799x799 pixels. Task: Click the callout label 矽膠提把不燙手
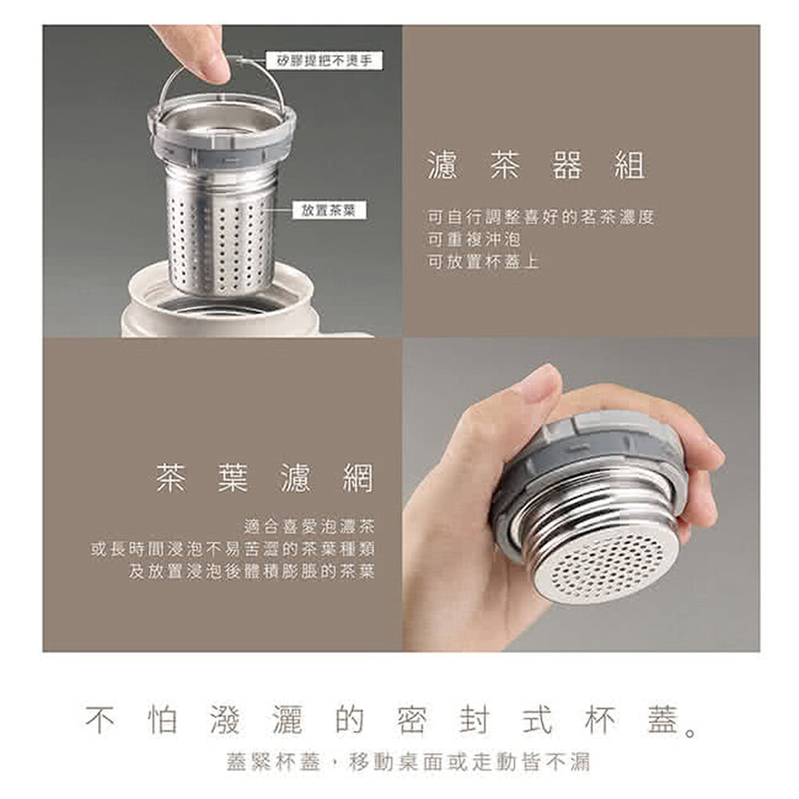(324, 62)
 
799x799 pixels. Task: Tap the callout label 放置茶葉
(328, 209)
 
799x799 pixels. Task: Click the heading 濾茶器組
(537, 165)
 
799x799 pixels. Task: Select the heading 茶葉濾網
(265, 478)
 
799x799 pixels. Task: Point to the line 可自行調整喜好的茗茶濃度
(541, 217)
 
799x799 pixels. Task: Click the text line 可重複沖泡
(473, 240)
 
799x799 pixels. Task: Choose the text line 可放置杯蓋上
(483, 262)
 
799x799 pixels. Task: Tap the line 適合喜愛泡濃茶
(309, 526)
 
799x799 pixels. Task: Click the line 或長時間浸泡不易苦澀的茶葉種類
(233, 549)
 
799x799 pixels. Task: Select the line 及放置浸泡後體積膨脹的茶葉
(252, 571)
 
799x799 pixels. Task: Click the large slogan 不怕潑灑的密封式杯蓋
(392, 720)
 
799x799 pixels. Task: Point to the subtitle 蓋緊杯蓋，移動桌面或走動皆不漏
(407, 762)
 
